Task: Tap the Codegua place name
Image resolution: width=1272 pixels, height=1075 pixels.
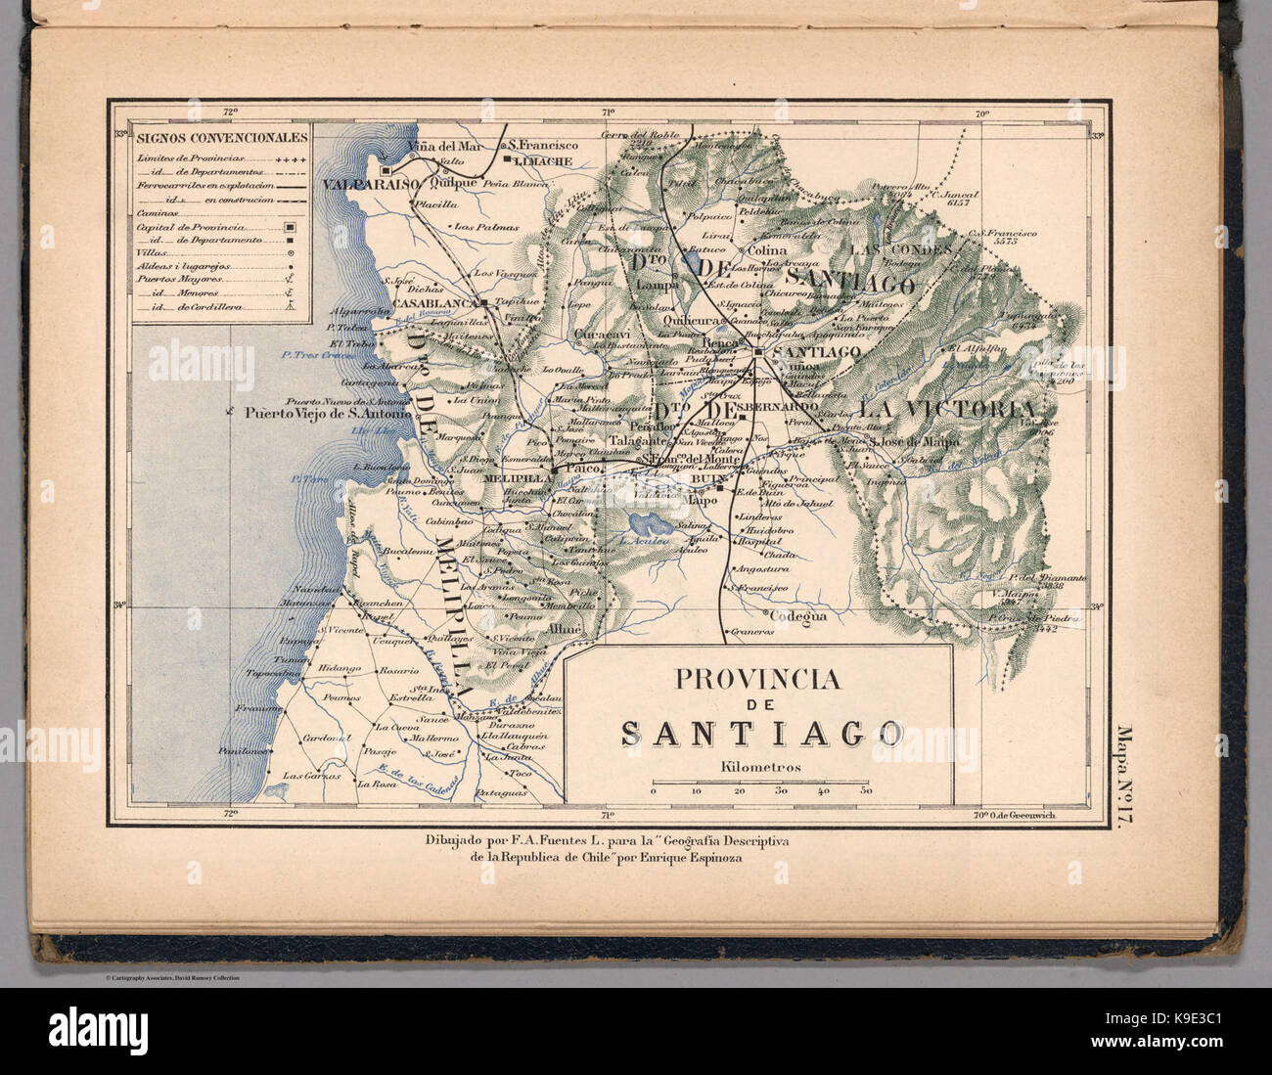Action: (x=797, y=616)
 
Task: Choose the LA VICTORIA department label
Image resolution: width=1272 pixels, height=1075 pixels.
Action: (x=944, y=408)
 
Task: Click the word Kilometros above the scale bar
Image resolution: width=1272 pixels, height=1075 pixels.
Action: (x=759, y=767)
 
